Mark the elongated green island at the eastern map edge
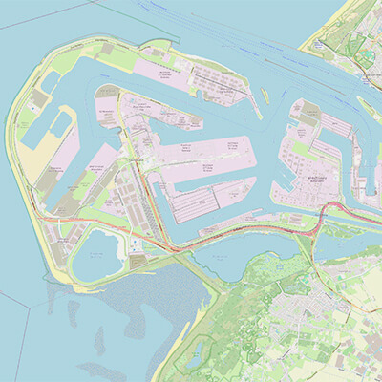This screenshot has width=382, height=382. point(369,105)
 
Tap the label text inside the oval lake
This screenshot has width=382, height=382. point(96,255)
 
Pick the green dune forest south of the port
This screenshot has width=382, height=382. point(229,306)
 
